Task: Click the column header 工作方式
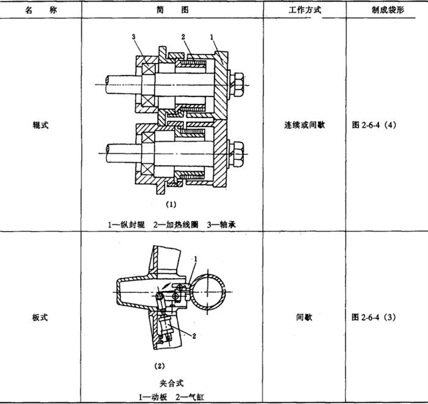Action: pos(305,10)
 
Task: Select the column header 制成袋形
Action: pos(388,10)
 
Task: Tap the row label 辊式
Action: pos(40,125)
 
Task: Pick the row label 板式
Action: pos(40,317)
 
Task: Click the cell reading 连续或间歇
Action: pos(304,125)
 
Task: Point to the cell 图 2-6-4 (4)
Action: pos(374,125)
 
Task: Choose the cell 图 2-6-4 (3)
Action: pos(374,317)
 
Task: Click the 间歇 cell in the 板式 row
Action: pos(304,317)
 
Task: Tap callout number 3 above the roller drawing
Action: pos(133,37)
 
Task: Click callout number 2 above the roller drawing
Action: pos(183,37)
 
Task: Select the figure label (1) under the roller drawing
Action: pos(171,204)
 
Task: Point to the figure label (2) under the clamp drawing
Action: pos(160,366)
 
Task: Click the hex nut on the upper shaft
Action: pos(237,84)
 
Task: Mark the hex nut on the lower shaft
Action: pos(237,153)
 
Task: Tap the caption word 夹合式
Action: pos(171,383)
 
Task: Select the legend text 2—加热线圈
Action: pos(175,225)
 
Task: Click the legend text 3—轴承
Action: pos(221,225)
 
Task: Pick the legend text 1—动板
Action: pos(153,397)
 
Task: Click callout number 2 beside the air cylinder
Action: pos(194,336)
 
